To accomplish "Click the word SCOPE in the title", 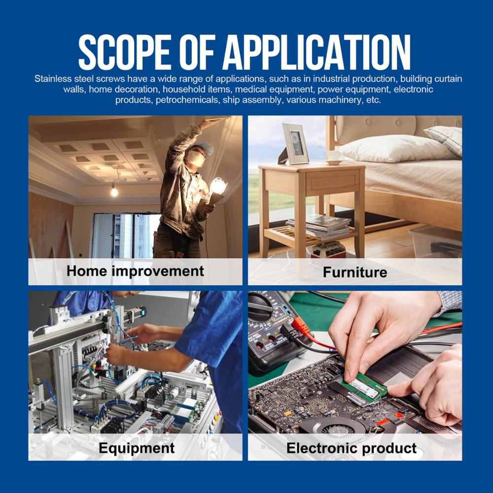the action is [x=125, y=52].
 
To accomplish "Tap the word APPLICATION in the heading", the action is [x=317, y=52].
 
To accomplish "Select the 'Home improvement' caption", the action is [x=135, y=271].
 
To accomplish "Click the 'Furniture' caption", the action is [x=355, y=272].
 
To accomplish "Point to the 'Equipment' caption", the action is [x=137, y=448].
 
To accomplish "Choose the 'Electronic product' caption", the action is [x=351, y=448].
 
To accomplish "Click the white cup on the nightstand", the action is [x=333, y=156].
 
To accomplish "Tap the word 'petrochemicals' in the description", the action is [x=187, y=100].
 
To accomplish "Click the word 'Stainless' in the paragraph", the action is [x=53, y=78].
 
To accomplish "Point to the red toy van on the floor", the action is [x=328, y=249].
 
